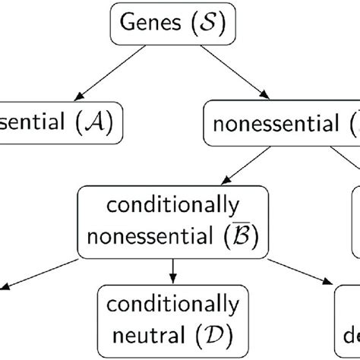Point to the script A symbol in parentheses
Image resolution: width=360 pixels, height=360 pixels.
pyautogui.click(x=93, y=121)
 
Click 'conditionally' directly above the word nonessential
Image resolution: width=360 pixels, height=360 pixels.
pyautogui.click(x=174, y=206)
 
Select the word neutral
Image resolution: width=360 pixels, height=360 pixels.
pyautogui.click(x=153, y=334)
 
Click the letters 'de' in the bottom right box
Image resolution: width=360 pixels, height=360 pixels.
pyautogui.click(x=350, y=334)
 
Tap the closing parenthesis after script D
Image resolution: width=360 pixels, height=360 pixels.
pyautogui.click(x=231, y=334)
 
